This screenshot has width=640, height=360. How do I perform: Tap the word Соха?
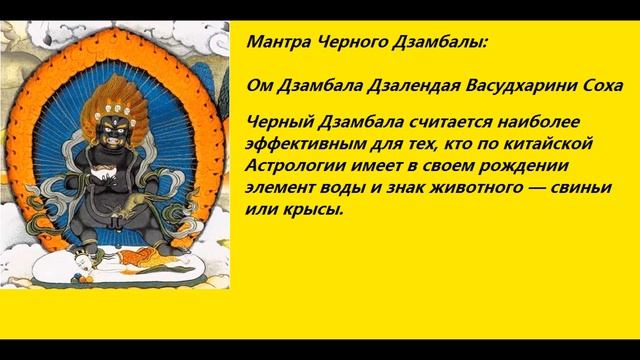pos(594,87)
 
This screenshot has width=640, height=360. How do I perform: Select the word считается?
pos(429,123)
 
